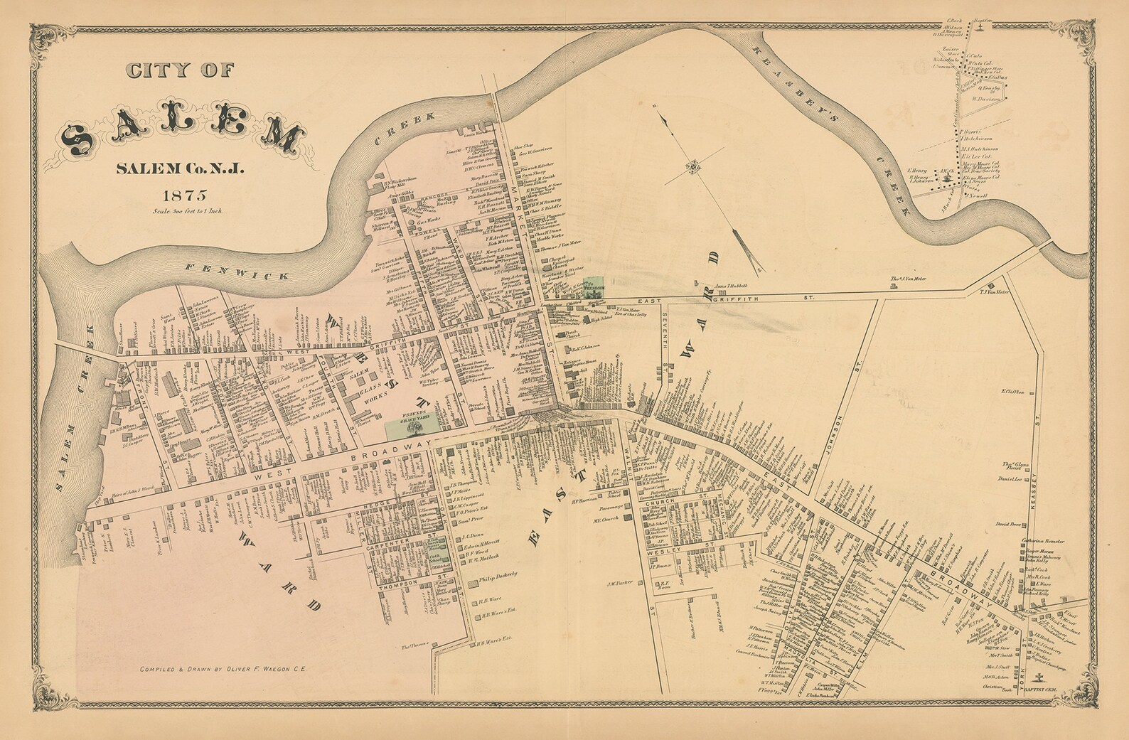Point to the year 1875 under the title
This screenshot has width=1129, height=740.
pyautogui.click(x=183, y=193)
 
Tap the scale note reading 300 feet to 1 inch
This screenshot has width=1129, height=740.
pyautogui.click(x=186, y=211)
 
